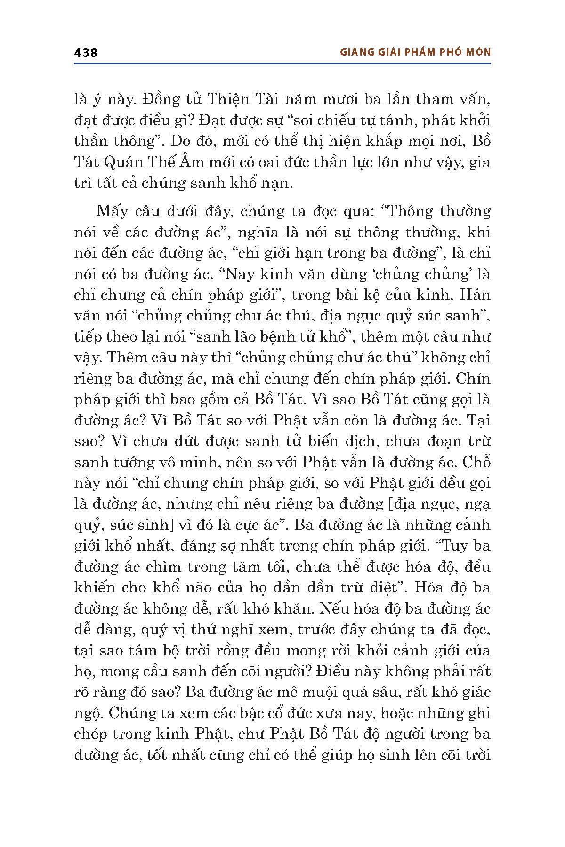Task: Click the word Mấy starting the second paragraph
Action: pyautogui.click(x=112, y=212)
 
